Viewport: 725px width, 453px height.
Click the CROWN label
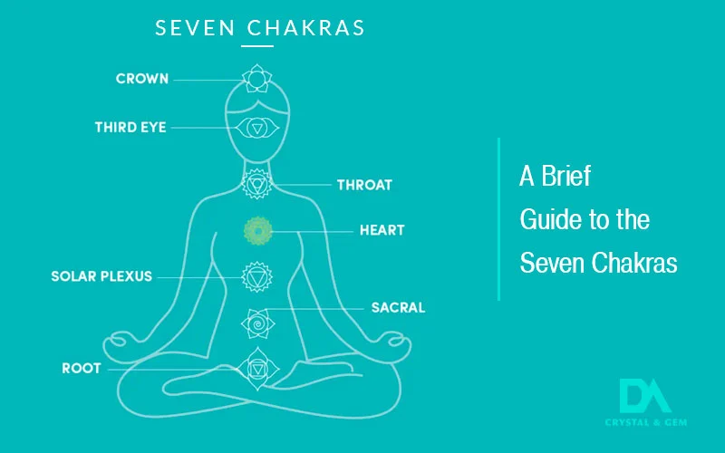[x=141, y=79]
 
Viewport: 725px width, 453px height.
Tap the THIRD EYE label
[x=130, y=128]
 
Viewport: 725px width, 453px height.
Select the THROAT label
[x=364, y=185]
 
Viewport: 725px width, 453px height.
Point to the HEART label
[x=382, y=230]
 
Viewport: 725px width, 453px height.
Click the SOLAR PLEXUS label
[x=101, y=275]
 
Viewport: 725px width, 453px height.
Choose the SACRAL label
[x=398, y=307]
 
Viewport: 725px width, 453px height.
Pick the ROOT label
[x=80, y=369]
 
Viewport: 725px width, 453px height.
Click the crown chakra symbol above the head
[x=256, y=79]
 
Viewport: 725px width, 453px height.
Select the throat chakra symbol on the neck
[x=256, y=185]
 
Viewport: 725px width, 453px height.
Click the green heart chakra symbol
[x=257, y=231]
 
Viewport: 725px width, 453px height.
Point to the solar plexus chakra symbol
[x=256, y=275]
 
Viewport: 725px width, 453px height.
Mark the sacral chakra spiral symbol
[x=256, y=321]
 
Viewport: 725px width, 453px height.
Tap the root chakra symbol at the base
[x=256, y=367]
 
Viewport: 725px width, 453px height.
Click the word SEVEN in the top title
[x=191, y=27]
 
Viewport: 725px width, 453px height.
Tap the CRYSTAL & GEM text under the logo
[x=644, y=421]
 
